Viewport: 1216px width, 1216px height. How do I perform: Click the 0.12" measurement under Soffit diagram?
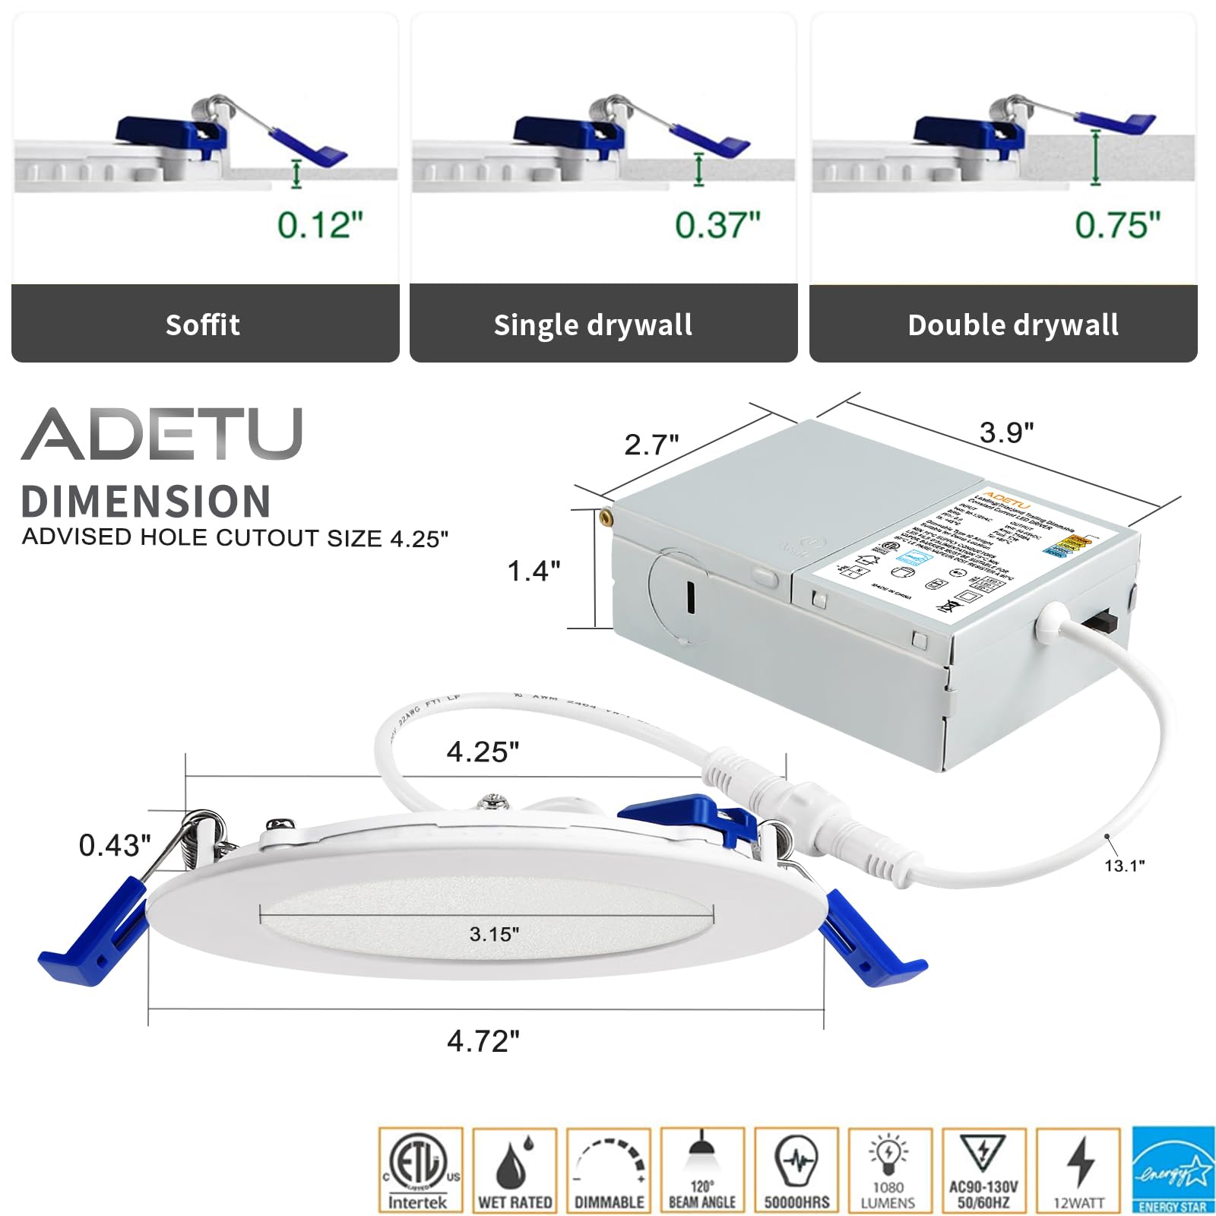pyautogui.click(x=320, y=225)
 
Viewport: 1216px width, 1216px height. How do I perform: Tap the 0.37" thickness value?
pyautogui.click(x=717, y=225)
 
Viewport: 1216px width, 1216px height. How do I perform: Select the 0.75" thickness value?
pyautogui.click(x=1117, y=225)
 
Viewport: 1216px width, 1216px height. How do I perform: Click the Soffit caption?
pyautogui.click(x=203, y=325)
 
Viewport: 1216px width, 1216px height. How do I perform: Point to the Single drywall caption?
pyautogui.click(x=593, y=325)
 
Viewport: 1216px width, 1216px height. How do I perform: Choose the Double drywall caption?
pyautogui.click(x=1013, y=325)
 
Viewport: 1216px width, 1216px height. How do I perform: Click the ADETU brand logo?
pyautogui.click(x=162, y=434)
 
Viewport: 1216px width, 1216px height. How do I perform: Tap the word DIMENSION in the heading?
pyautogui.click(x=146, y=502)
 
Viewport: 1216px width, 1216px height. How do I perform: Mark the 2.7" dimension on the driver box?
pyautogui.click(x=651, y=445)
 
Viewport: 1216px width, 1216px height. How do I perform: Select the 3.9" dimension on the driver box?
pyautogui.click(x=1006, y=432)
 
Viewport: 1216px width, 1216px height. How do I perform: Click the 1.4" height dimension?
pyautogui.click(x=534, y=571)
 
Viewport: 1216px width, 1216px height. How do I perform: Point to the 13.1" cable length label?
pyautogui.click(x=1124, y=866)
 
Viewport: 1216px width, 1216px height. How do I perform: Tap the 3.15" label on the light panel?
pyautogui.click(x=494, y=934)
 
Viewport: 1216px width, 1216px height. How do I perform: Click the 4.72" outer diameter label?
pyautogui.click(x=483, y=1041)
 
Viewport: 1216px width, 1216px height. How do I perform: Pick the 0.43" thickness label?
pyautogui.click(x=115, y=845)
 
